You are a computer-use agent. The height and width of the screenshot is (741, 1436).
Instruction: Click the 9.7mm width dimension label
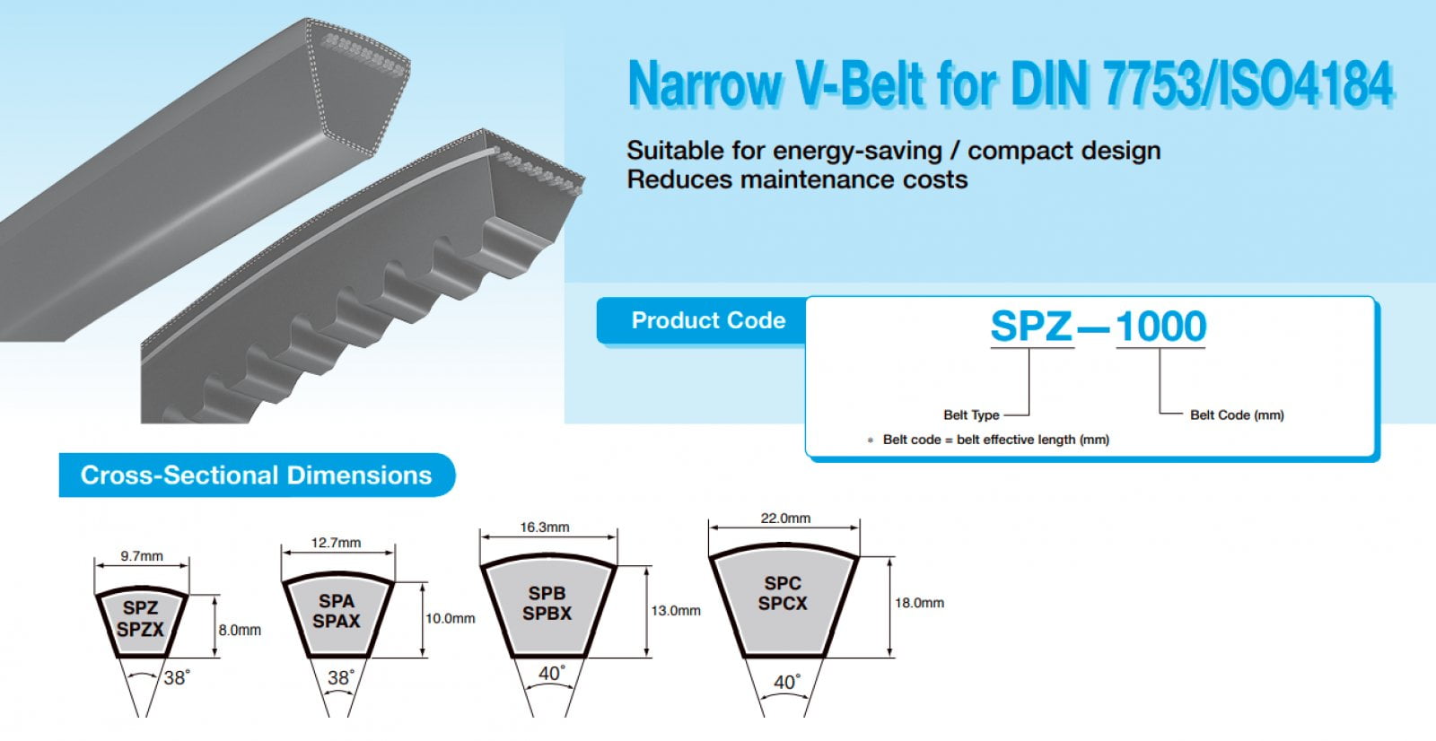142,556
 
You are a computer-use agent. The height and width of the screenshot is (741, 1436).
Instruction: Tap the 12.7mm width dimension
337,543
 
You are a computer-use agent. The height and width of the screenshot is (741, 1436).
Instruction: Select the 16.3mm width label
545,527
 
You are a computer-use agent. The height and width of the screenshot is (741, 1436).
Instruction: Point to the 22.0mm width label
785,519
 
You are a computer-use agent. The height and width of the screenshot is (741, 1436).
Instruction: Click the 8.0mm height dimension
240,631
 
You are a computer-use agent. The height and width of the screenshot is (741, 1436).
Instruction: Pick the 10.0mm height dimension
450,619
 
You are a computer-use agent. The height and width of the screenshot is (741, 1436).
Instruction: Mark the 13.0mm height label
676,611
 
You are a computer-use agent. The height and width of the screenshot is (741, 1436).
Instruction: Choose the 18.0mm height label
919,603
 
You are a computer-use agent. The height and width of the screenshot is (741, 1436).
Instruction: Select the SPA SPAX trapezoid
337,614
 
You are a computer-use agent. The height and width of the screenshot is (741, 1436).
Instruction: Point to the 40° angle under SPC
786,683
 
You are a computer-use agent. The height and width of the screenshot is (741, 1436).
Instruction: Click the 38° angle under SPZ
176,678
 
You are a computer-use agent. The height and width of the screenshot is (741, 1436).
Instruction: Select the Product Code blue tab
707,320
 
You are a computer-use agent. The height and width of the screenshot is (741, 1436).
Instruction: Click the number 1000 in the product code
1160,327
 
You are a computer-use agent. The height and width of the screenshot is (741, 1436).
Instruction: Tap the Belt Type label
971,415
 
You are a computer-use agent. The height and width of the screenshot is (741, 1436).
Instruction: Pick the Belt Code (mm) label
1237,415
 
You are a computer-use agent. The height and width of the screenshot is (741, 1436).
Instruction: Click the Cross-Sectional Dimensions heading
256,475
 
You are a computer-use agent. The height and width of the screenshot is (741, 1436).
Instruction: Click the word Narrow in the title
705,84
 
